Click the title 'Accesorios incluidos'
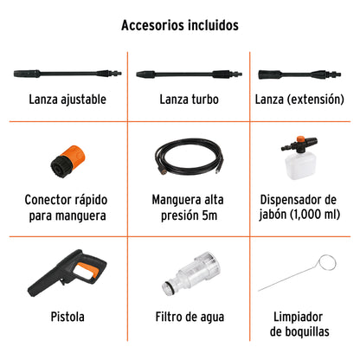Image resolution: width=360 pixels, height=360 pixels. [x=180, y=25]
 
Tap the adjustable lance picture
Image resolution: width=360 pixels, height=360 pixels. [x=67, y=74]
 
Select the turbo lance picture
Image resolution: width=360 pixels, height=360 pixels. [x=189, y=74]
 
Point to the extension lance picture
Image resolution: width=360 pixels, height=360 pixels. [x=299, y=74]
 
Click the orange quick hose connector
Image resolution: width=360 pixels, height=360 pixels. [x=68, y=161]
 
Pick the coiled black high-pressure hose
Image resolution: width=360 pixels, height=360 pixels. [x=190, y=157]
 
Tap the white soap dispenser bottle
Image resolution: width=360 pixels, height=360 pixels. [x=299, y=165]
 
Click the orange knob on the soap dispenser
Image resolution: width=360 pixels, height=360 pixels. [x=301, y=139]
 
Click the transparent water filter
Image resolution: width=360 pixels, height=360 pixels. [x=191, y=273]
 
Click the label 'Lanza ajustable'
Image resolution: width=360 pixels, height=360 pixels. [x=67, y=100]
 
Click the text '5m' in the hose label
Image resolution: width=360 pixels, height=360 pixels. [x=209, y=215]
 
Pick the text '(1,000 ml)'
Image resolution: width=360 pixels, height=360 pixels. [x=315, y=215]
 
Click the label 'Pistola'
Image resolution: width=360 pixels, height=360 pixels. [x=67, y=317]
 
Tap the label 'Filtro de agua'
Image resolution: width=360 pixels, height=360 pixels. [x=190, y=317]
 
